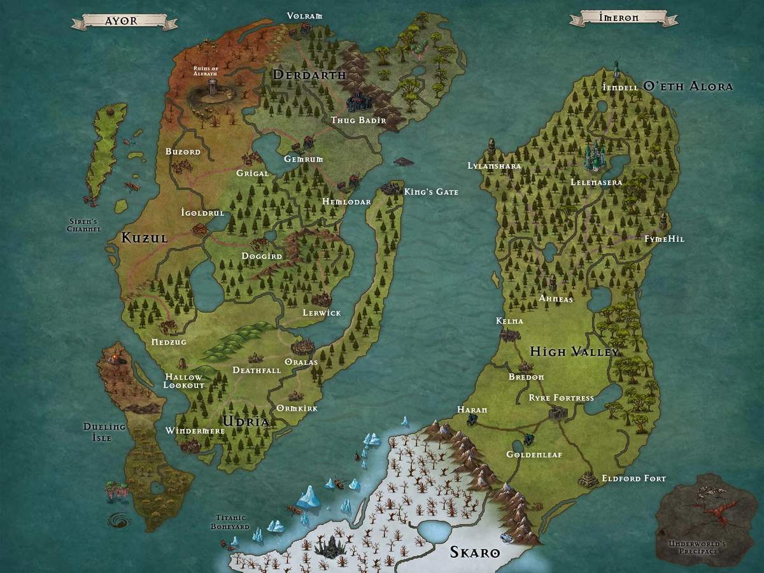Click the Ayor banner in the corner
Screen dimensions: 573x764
click(x=124, y=21)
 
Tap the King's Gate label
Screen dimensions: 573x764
click(x=430, y=192)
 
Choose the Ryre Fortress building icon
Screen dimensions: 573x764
click(x=558, y=414)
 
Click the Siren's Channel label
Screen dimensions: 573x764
click(x=84, y=225)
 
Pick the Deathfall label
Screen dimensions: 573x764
click(x=257, y=370)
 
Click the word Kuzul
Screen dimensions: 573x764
click(x=145, y=238)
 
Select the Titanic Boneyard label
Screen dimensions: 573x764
click(x=230, y=522)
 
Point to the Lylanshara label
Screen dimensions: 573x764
click(x=494, y=166)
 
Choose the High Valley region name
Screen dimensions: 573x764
click(x=574, y=351)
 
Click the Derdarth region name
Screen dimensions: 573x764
click(x=309, y=75)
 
